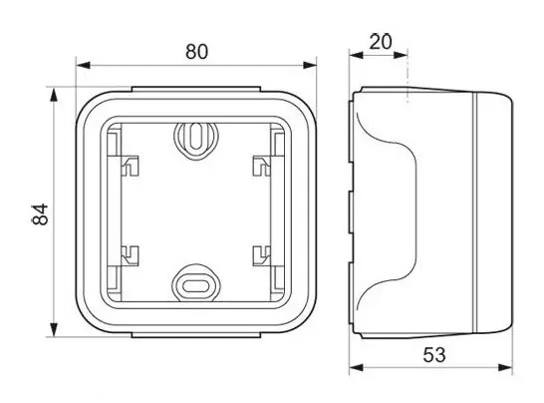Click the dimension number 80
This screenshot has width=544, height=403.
[x=196, y=52]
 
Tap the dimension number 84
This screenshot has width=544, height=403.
[x=40, y=214]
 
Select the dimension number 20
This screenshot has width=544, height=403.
[x=381, y=42]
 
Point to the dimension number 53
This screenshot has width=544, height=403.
[x=434, y=355]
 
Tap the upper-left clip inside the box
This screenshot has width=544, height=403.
[x=130, y=166]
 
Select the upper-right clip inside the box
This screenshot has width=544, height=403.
[x=262, y=166]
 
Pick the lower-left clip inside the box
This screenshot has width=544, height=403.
[x=130, y=255]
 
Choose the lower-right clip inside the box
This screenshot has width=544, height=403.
[x=262, y=255]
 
